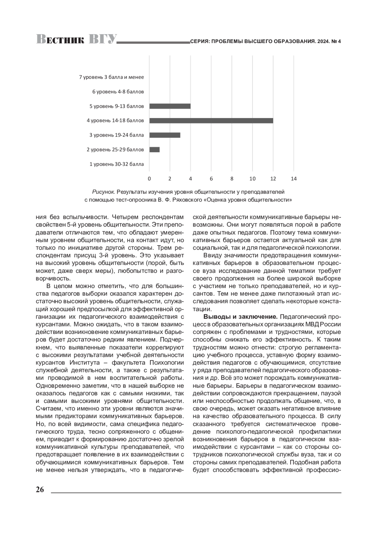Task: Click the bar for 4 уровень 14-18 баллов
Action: pos(211,121)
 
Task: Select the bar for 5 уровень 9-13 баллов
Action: pos(170,106)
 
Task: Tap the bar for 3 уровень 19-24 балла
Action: pos(165,135)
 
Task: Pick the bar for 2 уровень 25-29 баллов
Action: pos(155,150)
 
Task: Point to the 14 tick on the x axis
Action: pos(294,179)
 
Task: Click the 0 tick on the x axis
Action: pos(149,179)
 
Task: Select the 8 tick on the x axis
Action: pos(232,179)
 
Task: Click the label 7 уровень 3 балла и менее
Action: pos(112,77)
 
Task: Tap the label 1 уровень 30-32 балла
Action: pos(117,164)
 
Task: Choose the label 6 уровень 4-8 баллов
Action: pos(118,92)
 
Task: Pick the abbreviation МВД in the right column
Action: pos(312,324)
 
